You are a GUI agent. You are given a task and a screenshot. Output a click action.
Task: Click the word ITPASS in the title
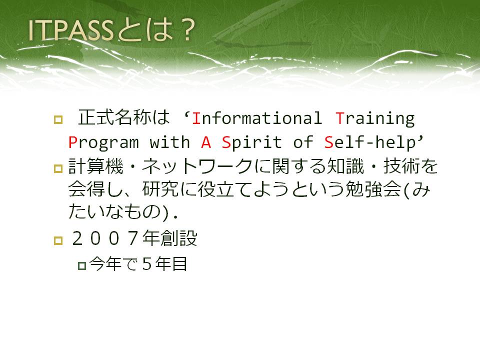[x=70, y=30]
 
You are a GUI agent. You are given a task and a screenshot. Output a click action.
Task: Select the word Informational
[x=257, y=118]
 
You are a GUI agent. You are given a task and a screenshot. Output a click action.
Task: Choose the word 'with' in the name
[x=169, y=142]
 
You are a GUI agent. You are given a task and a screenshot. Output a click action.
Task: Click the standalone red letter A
[x=206, y=142]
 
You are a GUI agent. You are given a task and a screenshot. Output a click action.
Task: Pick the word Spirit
[x=251, y=143]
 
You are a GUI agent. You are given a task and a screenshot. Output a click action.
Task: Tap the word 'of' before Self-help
[x=303, y=142]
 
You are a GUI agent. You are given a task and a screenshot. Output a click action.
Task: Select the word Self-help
[x=370, y=142]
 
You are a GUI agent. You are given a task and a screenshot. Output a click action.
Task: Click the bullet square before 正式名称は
[x=58, y=119]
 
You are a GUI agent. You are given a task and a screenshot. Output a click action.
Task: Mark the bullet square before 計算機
[x=58, y=168]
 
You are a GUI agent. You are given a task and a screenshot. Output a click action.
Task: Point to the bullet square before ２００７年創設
[x=58, y=240]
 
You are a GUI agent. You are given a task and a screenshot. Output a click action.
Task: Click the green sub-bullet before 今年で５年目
[x=82, y=265]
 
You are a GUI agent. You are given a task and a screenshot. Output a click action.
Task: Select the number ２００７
[x=105, y=238]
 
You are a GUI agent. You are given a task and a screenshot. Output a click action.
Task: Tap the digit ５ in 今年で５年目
[x=147, y=264]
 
